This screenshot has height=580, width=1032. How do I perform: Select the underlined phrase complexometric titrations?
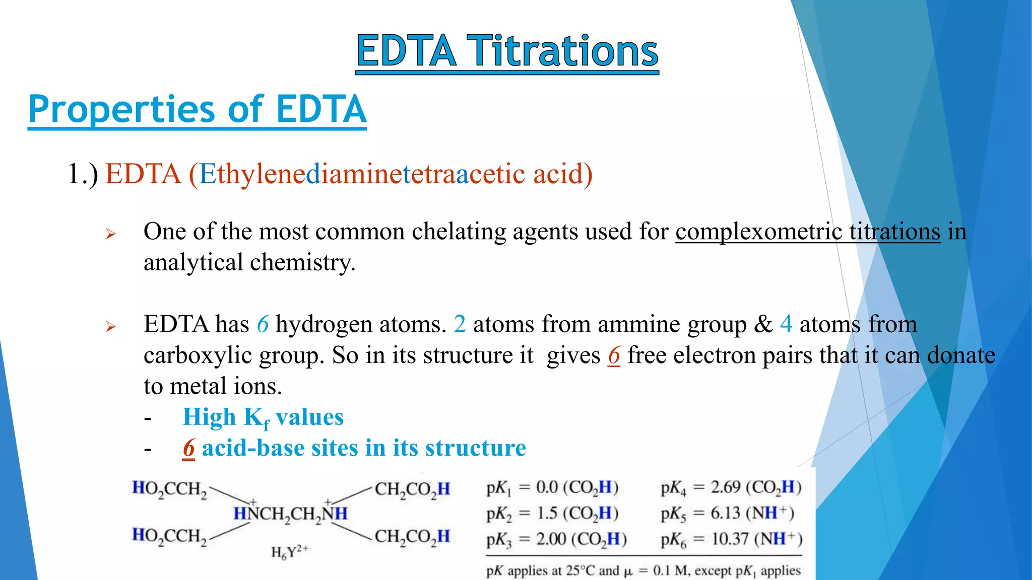(808, 232)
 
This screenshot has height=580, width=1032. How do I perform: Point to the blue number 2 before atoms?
(459, 324)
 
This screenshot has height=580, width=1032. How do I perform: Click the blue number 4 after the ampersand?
(786, 324)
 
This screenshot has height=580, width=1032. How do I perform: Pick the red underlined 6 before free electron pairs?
(614, 355)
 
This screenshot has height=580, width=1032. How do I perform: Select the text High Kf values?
(263, 417)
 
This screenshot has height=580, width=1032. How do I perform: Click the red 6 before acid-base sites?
(188, 448)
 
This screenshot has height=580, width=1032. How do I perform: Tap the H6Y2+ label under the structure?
(289, 552)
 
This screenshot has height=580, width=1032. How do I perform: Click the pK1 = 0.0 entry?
(552, 487)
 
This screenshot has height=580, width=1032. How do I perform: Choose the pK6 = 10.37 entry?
(731, 539)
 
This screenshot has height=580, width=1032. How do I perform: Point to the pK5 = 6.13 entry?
(727, 513)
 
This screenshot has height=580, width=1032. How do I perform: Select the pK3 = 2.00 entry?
(556, 539)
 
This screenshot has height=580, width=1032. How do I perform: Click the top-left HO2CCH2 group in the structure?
(169, 489)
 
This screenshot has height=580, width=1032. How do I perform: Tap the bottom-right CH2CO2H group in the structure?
(412, 537)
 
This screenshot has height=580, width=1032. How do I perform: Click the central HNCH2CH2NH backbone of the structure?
(290, 514)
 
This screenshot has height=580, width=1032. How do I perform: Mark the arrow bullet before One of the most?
(111, 234)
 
